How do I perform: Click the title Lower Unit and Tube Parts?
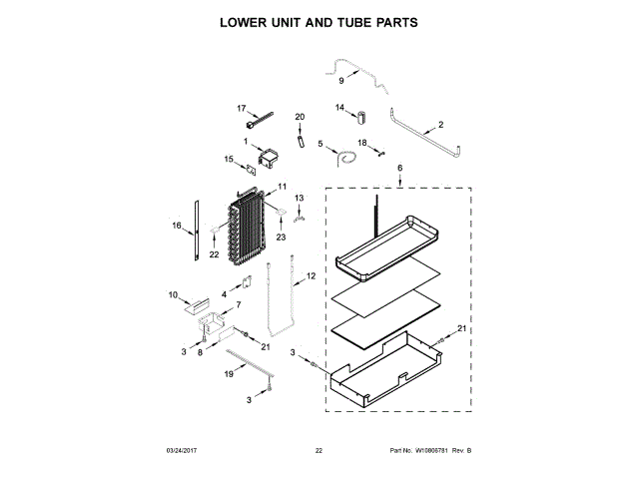click(x=319, y=21)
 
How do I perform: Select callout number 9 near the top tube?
click(x=339, y=80)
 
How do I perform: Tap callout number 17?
click(x=241, y=108)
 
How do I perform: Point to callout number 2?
click(x=440, y=128)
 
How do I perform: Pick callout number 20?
click(x=299, y=118)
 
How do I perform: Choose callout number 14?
click(x=339, y=108)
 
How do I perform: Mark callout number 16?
click(x=176, y=227)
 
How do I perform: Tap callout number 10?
click(x=173, y=294)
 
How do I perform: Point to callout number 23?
click(x=281, y=237)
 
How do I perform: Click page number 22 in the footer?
click(x=319, y=451)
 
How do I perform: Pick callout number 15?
click(x=229, y=159)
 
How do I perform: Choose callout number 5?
click(x=320, y=145)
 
